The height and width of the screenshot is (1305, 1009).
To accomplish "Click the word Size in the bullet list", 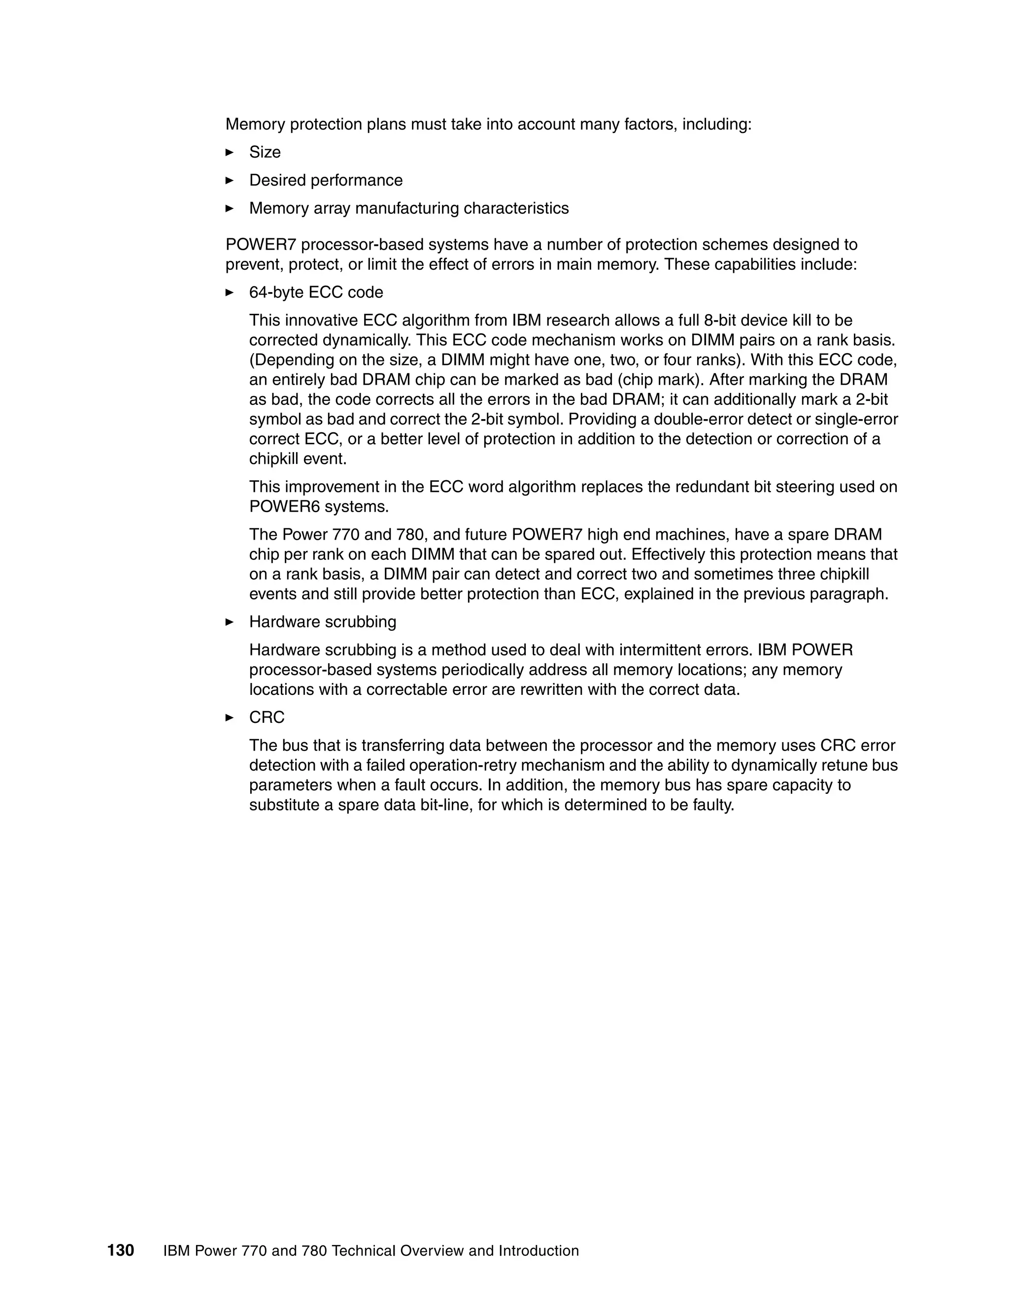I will (265, 152).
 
